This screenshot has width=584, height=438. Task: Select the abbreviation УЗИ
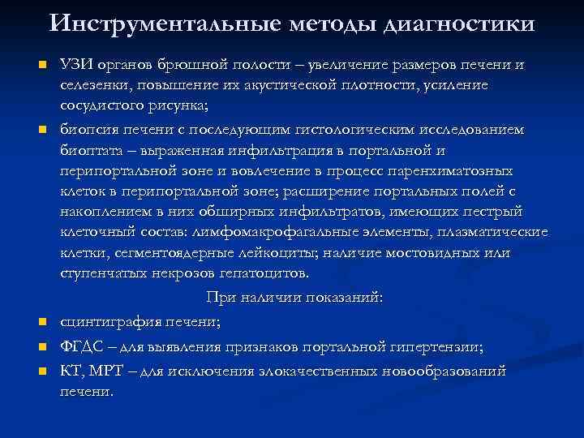tap(75, 65)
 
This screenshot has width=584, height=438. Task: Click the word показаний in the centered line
tap(341, 298)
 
